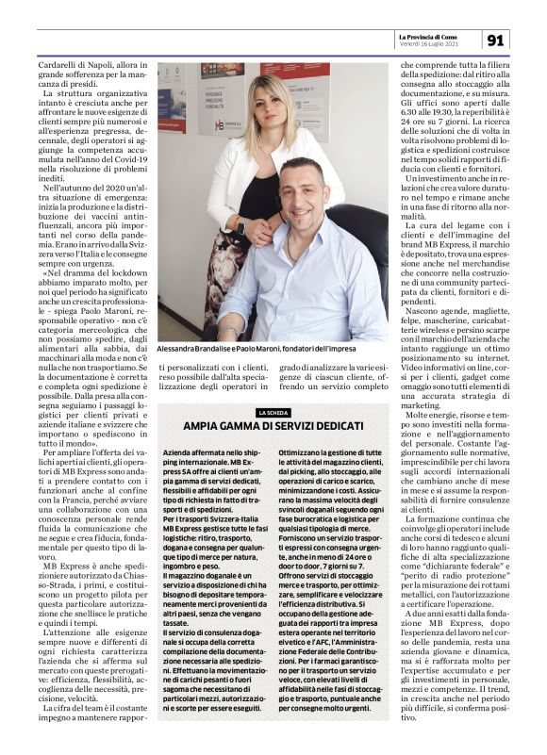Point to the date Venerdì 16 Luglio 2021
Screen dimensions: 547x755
[430, 43]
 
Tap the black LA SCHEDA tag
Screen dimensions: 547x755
[273, 412]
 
